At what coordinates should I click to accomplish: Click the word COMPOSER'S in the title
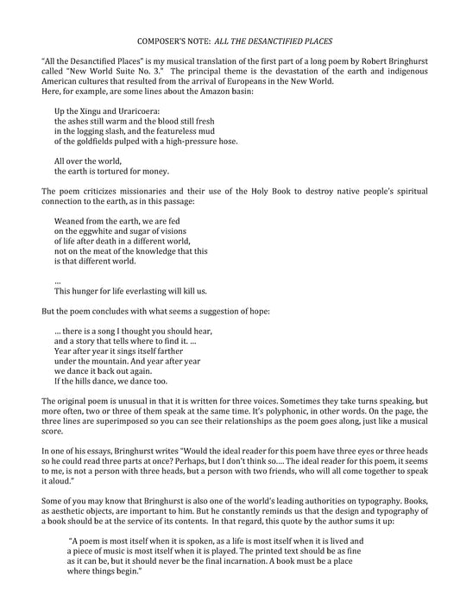[165, 41]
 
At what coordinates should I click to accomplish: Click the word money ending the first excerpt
[139, 171]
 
